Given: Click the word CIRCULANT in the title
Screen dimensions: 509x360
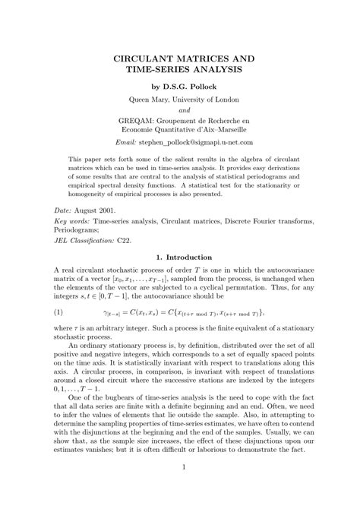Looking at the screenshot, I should tap(142, 58).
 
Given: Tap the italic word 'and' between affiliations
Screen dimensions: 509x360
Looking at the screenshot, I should tap(179, 109).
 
